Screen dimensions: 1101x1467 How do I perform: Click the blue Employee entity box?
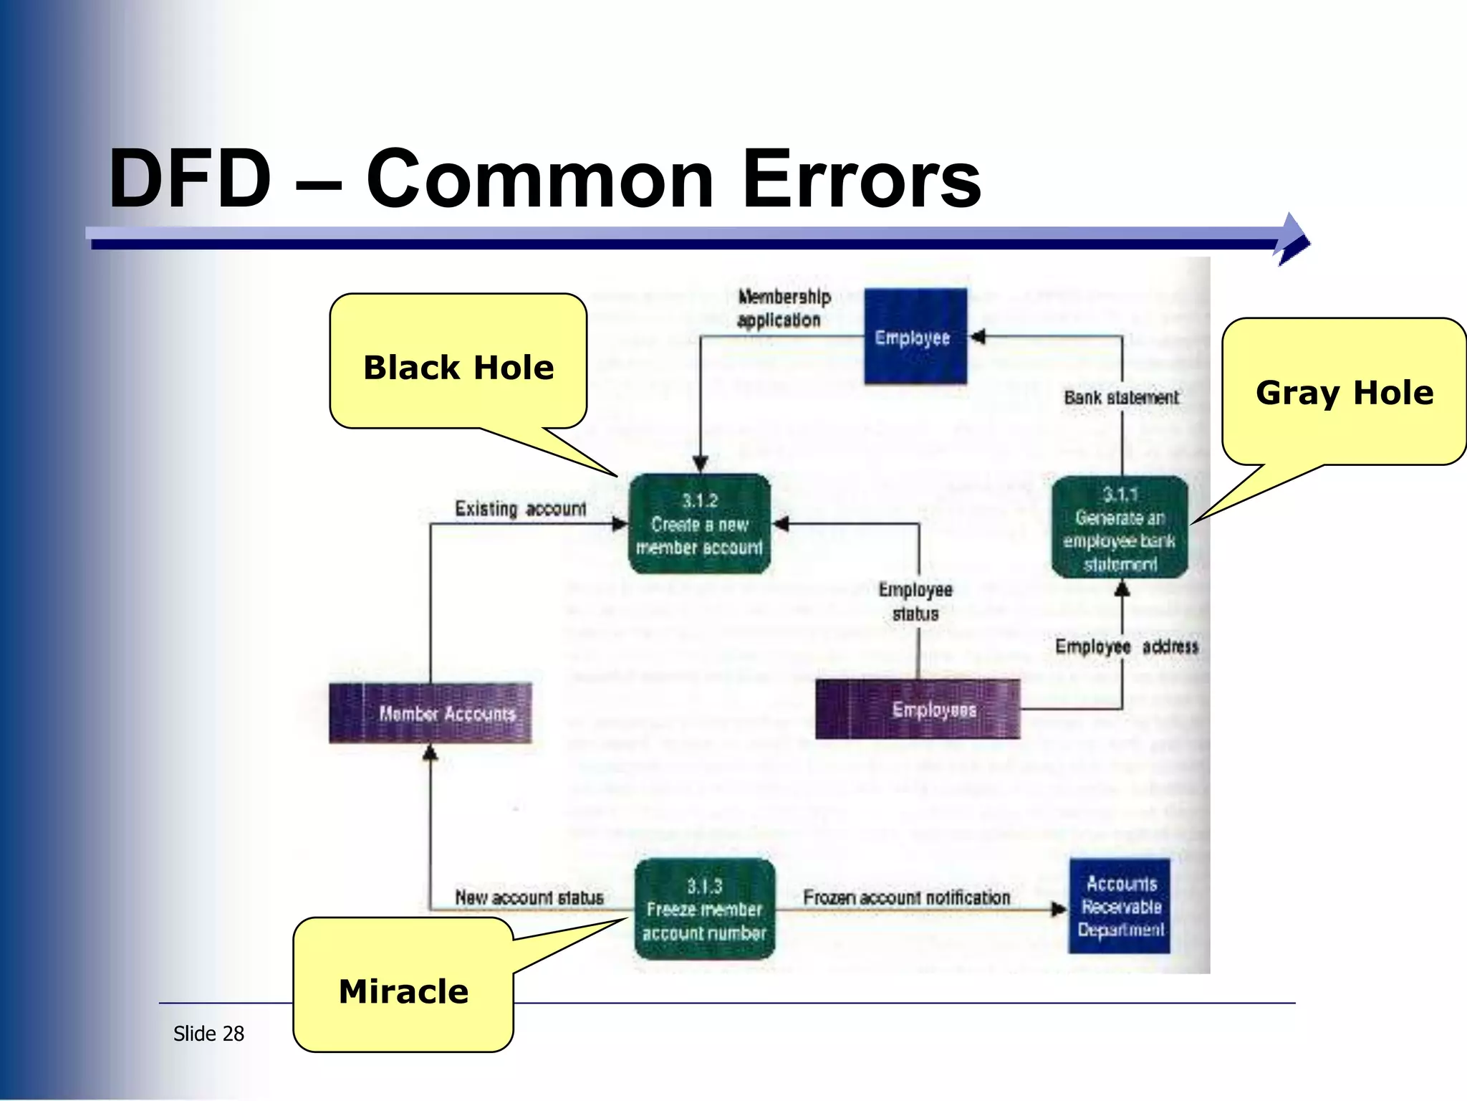click(915, 336)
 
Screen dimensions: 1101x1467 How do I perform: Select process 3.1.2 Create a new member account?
click(700, 524)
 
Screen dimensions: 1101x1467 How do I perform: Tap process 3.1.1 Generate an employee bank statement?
click(1120, 528)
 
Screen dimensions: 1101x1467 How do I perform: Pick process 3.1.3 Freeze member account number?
click(705, 909)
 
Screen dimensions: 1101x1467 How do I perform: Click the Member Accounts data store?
click(431, 712)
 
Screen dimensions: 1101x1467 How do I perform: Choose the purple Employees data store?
click(918, 710)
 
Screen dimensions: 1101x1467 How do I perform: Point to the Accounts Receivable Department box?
click(1120, 906)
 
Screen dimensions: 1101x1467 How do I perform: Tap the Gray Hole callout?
click(1345, 393)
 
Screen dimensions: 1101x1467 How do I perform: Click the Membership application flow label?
click(784, 308)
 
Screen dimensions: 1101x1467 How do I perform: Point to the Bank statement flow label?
click(1120, 397)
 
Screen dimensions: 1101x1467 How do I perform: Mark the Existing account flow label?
click(521, 509)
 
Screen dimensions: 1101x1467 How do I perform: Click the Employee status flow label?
click(915, 601)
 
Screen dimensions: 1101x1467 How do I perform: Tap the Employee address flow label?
click(1126, 647)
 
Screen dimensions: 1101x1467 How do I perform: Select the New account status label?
click(529, 897)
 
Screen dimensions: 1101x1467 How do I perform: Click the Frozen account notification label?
click(906, 897)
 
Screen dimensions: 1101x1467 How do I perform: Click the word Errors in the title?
click(862, 179)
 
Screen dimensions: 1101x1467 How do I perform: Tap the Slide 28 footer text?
click(208, 1034)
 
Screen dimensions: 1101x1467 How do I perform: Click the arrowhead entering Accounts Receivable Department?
click(1059, 910)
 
